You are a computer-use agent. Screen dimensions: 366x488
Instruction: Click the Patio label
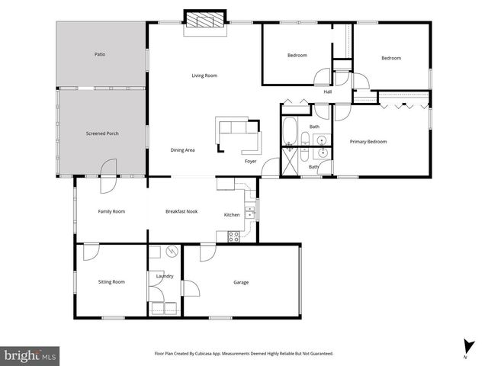tap(99, 55)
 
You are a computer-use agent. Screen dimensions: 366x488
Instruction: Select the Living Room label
tap(204, 75)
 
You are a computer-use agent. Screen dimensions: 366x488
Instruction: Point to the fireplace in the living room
tap(207, 21)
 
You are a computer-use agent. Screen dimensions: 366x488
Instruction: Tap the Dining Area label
tap(182, 150)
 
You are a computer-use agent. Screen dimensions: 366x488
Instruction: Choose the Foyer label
tap(250, 162)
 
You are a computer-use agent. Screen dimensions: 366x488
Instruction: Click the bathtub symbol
tap(290, 131)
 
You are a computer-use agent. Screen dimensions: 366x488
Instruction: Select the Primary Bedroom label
tap(368, 142)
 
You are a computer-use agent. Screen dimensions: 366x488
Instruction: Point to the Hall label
tap(327, 92)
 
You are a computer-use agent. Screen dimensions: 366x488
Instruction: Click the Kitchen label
tap(232, 215)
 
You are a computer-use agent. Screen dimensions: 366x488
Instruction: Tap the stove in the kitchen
tap(233, 236)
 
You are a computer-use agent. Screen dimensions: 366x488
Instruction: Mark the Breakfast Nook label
tap(181, 211)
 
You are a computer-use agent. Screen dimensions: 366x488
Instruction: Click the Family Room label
tap(111, 211)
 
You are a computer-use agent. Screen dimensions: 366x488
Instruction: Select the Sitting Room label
tap(111, 282)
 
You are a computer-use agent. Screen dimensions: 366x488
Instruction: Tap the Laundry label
tap(165, 276)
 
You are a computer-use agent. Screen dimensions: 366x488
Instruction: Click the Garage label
tap(242, 283)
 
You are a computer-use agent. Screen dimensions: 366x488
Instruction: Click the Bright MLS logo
tap(30, 355)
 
